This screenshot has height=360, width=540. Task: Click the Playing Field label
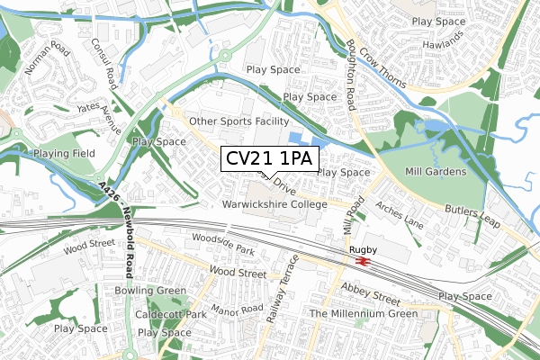pos(63,154)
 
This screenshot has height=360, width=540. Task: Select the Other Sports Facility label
pos(238,121)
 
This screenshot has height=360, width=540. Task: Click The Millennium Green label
pos(364,313)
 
